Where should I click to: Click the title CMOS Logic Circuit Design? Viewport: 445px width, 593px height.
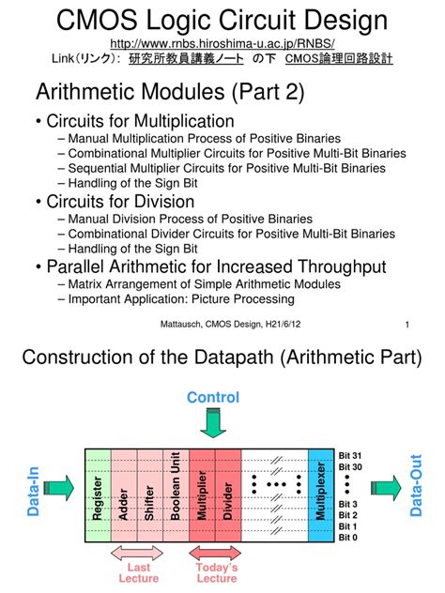tap(222, 20)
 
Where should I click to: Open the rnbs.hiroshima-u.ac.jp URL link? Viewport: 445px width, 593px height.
tap(222, 43)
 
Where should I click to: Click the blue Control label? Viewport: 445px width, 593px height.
tap(214, 397)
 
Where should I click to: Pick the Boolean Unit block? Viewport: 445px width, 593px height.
tap(175, 494)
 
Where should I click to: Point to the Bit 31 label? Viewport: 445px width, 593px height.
tap(349, 455)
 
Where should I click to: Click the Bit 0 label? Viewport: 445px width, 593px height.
tap(347, 537)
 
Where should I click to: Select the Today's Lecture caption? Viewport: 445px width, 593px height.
tap(216, 573)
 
